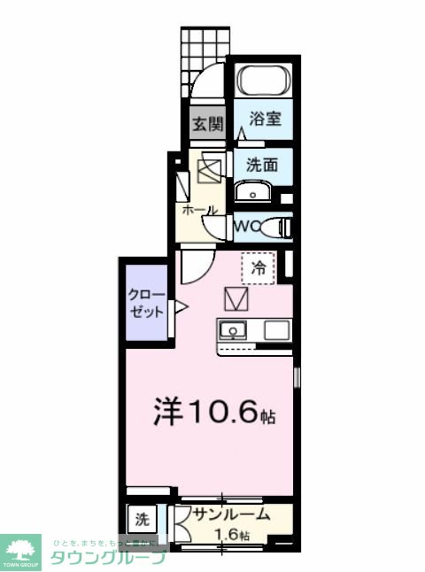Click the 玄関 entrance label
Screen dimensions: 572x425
coord(206,124)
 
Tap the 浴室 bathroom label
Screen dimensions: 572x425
coord(265,119)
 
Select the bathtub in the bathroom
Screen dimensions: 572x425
coord(263,81)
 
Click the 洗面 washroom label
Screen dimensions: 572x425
coord(263,164)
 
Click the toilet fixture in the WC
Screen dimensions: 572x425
coord(277,228)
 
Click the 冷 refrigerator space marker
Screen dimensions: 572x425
coord(259,267)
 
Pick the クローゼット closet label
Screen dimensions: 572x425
coord(146,303)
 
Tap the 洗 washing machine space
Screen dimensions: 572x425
coord(143,517)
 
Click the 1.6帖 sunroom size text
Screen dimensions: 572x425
coord(233,535)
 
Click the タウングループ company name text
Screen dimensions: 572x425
coord(108,558)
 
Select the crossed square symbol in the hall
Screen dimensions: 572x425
coord(212,166)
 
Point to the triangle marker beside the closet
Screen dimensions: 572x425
coord(181,308)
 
